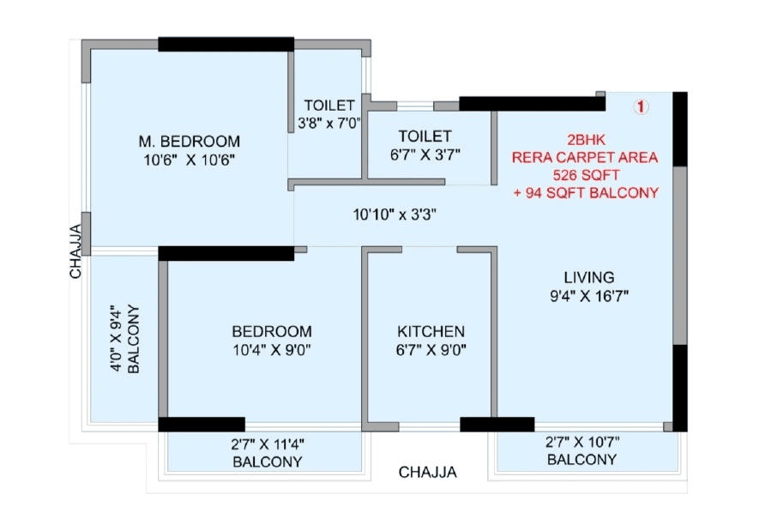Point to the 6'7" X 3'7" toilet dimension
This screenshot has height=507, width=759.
[425, 154]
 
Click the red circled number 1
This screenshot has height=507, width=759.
[641, 107]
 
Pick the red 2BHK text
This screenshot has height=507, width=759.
[585, 140]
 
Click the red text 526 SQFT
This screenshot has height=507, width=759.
[585, 175]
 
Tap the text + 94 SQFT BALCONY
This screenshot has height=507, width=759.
[585, 193]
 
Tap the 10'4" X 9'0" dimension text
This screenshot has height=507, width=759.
[272, 350]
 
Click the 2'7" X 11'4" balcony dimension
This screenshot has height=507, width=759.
[268, 444]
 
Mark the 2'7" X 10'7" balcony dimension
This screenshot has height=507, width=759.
[582, 443]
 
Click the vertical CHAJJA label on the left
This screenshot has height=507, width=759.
[75, 251]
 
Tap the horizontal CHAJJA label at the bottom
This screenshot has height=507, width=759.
[427, 473]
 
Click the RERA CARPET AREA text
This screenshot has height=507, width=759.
[585, 158]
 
